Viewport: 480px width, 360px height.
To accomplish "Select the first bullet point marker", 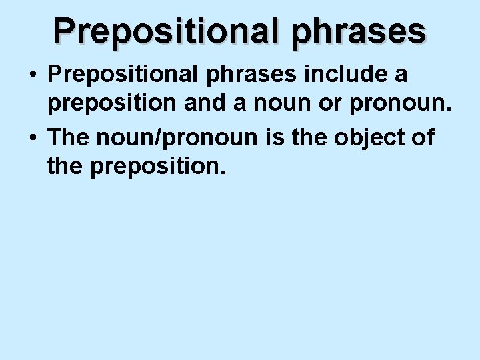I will point(32,75).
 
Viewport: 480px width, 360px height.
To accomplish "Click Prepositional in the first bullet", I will point(122,75).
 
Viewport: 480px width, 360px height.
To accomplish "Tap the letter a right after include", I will point(401,75).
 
